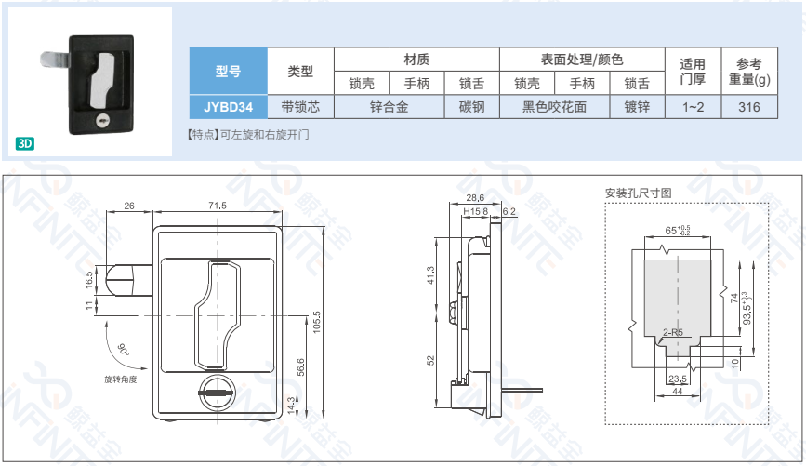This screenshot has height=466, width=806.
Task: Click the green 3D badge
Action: (x=25, y=143)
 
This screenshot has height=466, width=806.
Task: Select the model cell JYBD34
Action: (x=228, y=107)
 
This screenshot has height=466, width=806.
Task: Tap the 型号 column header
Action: (x=228, y=70)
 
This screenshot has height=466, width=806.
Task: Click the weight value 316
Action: (x=749, y=107)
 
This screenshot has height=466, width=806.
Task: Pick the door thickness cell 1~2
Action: (x=693, y=107)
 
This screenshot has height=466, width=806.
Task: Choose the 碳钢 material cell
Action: (x=471, y=107)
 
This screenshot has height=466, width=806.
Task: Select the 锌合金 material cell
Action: (x=389, y=107)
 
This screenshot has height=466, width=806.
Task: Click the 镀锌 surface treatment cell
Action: (x=637, y=107)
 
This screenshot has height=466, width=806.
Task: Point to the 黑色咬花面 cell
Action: (x=555, y=107)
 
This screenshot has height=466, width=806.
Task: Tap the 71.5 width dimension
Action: (x=217, y=205)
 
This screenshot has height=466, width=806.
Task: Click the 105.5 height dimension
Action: (x=317, y=321)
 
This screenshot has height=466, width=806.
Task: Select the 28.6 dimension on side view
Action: (x=474, y=197)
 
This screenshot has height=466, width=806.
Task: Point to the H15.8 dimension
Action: (x=475, y=212)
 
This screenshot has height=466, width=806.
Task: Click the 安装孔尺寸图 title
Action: (x=638, y=193)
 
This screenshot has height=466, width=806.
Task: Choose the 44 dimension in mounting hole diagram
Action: (x=678, y=393)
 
